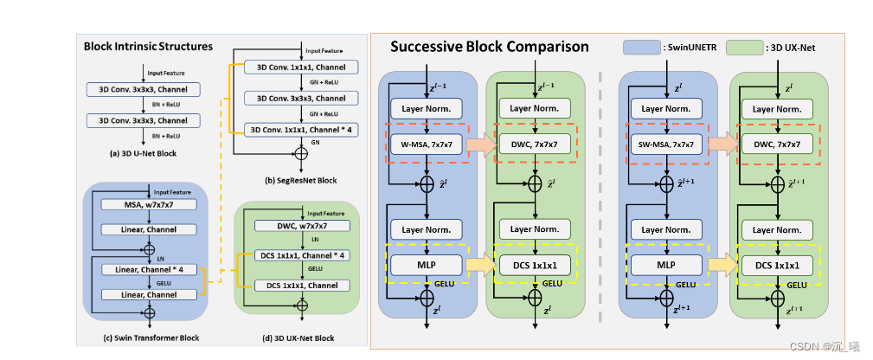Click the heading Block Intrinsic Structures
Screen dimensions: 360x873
coord(148,45)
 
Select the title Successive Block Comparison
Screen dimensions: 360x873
coord(490,47)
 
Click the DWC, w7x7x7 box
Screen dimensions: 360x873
coord(302,225)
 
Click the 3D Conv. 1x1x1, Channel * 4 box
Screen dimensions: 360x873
coord(301,130)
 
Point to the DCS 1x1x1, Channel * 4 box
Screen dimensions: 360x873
coord(302,255)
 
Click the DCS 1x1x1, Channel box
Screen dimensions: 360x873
coord(302,285)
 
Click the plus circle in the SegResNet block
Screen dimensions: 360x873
coord(301,153)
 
